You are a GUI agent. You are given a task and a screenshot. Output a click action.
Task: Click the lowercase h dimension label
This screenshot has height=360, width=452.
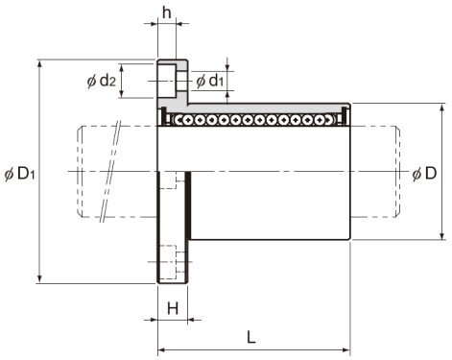pyautogui.click(x=167, y=13)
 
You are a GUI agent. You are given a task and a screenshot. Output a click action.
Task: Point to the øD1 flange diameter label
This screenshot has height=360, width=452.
pyautogui.click(x=19, y=174)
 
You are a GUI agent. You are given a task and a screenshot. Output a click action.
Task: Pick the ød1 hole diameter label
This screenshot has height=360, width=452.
pyautogui.click(x=209, y=82)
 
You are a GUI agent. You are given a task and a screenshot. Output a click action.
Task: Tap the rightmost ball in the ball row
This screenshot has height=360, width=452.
pyautogui.click(x=334, y=120)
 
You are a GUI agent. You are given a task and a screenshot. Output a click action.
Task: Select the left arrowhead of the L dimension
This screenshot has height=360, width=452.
pyautogui.click(x=161, y=349)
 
